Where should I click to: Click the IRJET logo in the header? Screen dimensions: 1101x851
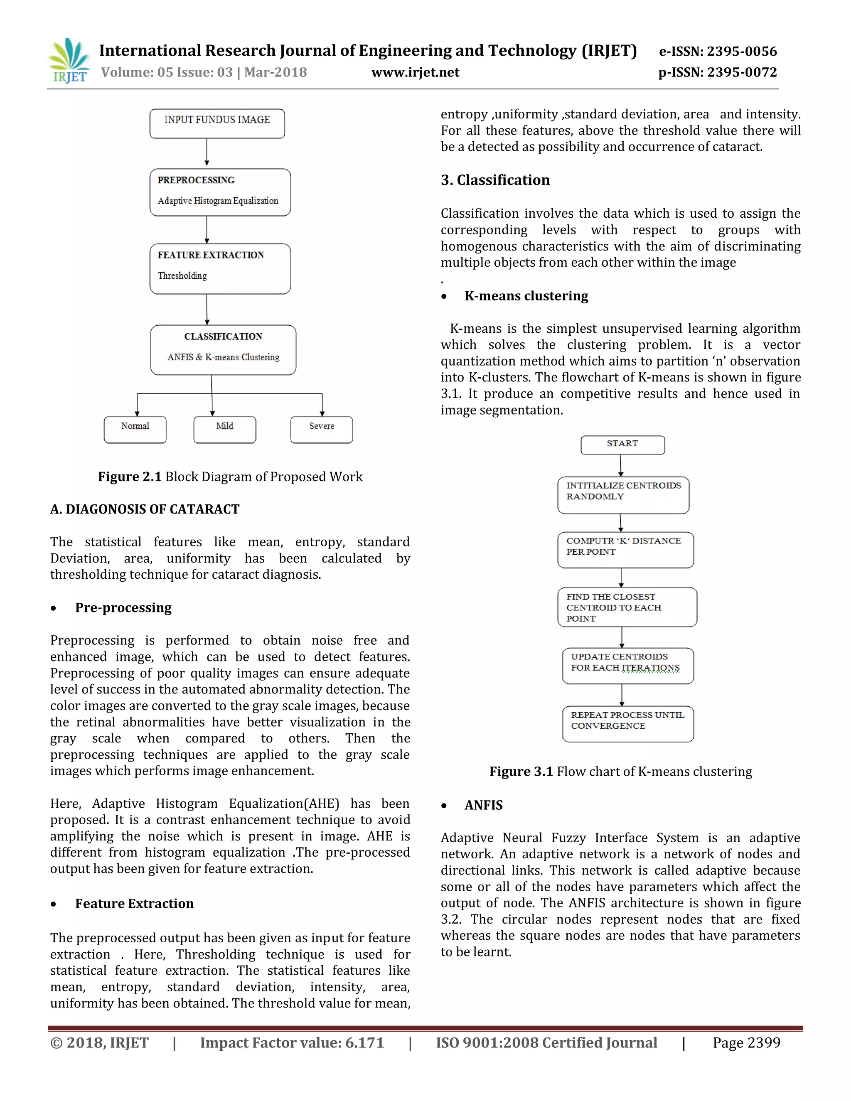(x=69, y=61)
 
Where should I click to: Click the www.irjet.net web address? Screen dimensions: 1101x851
(x=415, y=73)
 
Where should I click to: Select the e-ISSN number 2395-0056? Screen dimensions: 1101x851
(x=742, y=52)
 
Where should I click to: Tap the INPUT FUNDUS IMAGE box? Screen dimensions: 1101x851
(x=217, y=123)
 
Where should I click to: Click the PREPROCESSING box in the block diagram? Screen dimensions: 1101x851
(x=220, y=192)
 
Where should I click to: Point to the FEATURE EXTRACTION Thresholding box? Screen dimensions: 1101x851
(x=220, y=268)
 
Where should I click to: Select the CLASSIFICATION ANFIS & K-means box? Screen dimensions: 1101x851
(x=223, y=349)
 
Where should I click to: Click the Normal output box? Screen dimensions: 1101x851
(x=135, y=430)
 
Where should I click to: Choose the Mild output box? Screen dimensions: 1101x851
(x=224, y=430)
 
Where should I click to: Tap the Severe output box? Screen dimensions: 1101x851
(x=321, y=430)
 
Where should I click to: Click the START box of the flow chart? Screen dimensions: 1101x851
(x=622, y=445)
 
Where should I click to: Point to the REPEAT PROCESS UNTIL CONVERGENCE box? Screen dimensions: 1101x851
(x=628, y=723)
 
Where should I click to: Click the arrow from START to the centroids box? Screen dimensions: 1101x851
(x=621, y=465)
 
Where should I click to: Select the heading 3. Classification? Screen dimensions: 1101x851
(x=494, y=180)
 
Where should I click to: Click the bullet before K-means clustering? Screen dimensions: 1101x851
(x=444, y=296)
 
